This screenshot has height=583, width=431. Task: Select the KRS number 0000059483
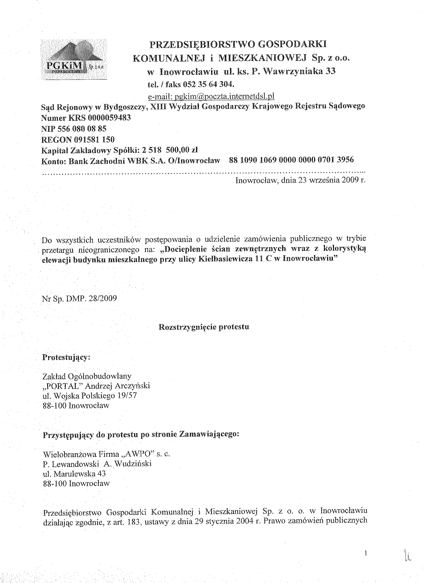coord(109,118)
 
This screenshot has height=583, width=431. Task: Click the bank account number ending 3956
coord(291,160)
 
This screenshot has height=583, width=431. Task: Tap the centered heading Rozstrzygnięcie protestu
coord(204,327)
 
